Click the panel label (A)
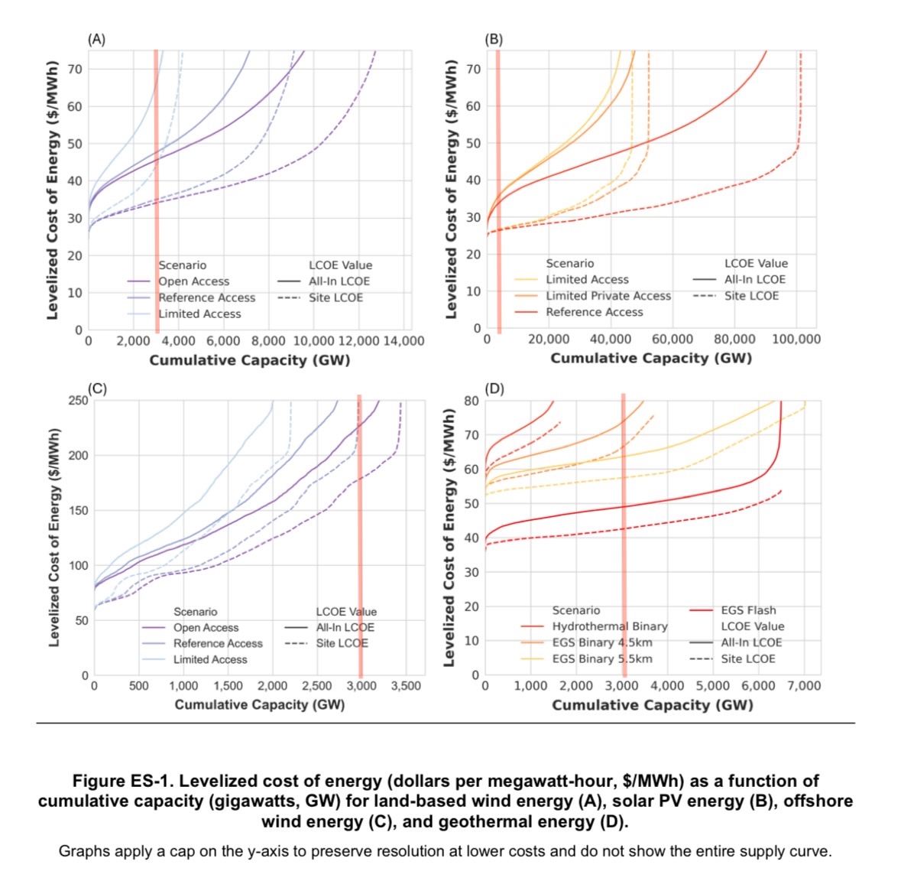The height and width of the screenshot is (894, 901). [96, 39]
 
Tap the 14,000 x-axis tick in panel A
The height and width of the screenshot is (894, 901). [404, 341]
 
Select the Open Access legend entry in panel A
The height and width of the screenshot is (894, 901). [193, 281]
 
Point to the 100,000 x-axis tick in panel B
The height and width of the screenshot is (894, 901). [796, 340]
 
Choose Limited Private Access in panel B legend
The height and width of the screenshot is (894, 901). [608, 296]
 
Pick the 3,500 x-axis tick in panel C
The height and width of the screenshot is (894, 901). [406, 686]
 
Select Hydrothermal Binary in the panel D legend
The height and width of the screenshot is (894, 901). [609, 626]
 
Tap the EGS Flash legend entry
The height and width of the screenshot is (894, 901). [747, 610]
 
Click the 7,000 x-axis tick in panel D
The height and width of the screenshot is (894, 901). [803, 686]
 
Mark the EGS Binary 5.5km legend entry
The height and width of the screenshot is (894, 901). [601, 658]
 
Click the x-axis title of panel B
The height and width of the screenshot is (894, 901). [651, 358]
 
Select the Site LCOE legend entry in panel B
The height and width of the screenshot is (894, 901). [751, 296]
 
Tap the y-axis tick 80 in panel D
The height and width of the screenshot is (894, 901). [472, 401]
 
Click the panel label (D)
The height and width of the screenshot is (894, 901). [494, 388]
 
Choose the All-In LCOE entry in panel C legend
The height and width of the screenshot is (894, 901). [345, 628]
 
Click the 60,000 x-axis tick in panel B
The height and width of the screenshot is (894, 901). [673, 340]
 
